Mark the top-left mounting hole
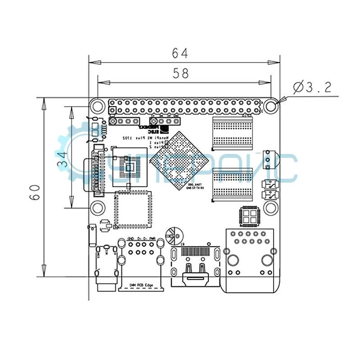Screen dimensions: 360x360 pyautogui.click(x=97, y=106)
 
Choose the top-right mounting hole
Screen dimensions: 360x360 pyautogui.click(x=270, y=106)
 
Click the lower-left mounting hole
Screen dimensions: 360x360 pyautogui.click(x=97, y=207)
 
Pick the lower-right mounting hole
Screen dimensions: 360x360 pyautogui.click(x=270, y=207)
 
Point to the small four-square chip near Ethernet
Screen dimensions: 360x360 pyautogui.click(x=250, y=216)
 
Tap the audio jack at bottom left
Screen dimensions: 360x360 pyautogui.click(x=107, y=270)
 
